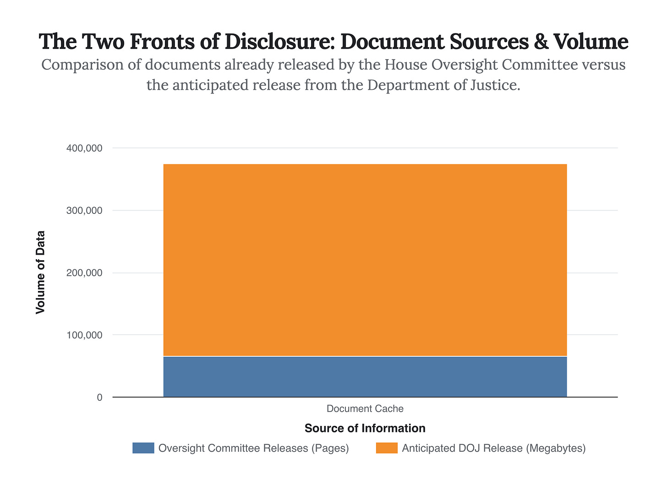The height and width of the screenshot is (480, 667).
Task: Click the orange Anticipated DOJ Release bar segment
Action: click(x=365, y=260)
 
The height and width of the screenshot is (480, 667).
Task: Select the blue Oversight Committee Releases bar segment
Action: click(x=365, y=376)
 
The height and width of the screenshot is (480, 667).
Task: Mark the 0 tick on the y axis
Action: click(x=100, y=398)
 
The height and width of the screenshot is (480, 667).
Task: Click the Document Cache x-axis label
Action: click(x=365, y=409)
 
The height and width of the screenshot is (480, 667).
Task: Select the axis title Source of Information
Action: click(x=365, y=428)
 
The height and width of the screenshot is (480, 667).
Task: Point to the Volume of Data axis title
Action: click(x=41, y=273)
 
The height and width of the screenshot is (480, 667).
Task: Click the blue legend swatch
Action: click(x=143, y=448)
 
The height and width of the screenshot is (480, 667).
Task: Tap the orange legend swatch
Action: click(x=387, y=448)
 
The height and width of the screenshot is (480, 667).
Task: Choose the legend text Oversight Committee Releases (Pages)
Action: click(x=253, y=448)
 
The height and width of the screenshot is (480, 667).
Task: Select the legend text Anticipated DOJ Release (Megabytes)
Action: click(x=494, y=448)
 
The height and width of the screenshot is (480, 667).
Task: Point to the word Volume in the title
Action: click(x=591, y=42)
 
